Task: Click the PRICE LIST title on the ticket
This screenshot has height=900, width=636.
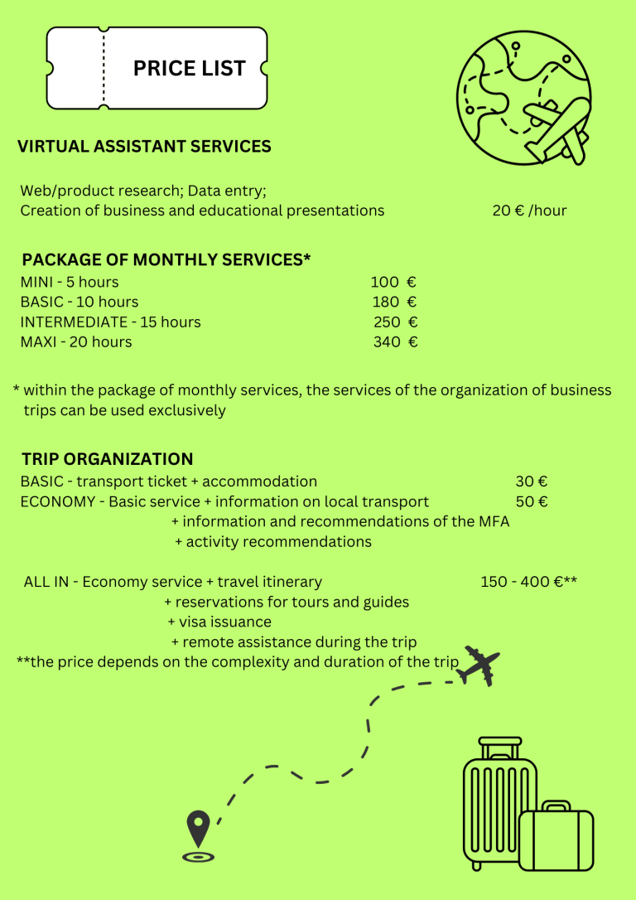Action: tap(190, 68)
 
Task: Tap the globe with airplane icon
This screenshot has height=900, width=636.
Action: tap(524, 98)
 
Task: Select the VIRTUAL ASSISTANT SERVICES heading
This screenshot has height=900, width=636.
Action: tap(144, 147)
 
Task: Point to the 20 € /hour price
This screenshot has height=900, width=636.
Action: tap(529, 210)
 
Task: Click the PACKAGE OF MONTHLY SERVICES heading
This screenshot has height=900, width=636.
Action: tap(166, 260)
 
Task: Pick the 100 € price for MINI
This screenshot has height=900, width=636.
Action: tap(393, 282)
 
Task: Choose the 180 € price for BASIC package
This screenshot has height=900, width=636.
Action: tap(394, 302)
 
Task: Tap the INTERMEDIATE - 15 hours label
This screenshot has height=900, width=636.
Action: tap(111, 322)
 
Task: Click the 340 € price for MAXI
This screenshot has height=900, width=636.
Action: tap(395, 341)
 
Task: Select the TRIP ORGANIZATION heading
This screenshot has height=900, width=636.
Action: tap(108, 459)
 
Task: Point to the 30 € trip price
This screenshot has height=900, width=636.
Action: tap(531, 481)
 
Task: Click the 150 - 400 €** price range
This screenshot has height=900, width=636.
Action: tap(528, 582)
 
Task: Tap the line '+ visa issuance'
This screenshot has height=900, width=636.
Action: tap(219, 622)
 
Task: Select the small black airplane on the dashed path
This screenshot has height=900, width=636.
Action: tap(479, 665)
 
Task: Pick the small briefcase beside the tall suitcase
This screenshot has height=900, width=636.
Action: tap(556, 837)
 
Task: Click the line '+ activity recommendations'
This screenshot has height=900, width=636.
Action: tap(273, 542)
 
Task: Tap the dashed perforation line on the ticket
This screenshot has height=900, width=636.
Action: tap(104, 68)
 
